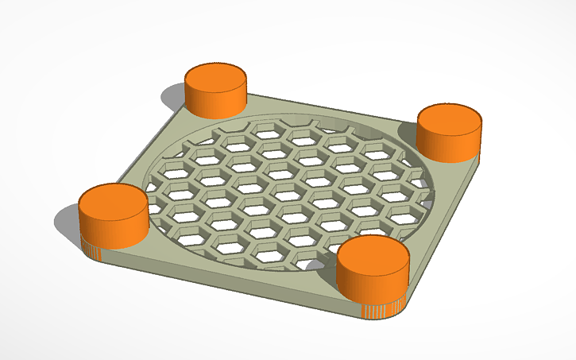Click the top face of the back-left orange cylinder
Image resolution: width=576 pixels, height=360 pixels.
[215, 77]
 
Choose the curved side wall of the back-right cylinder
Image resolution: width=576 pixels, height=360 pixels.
[449, 145]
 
